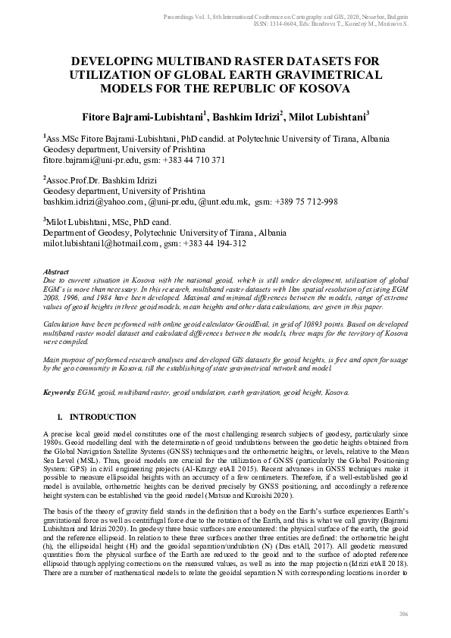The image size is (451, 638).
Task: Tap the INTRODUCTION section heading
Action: (103, 418)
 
